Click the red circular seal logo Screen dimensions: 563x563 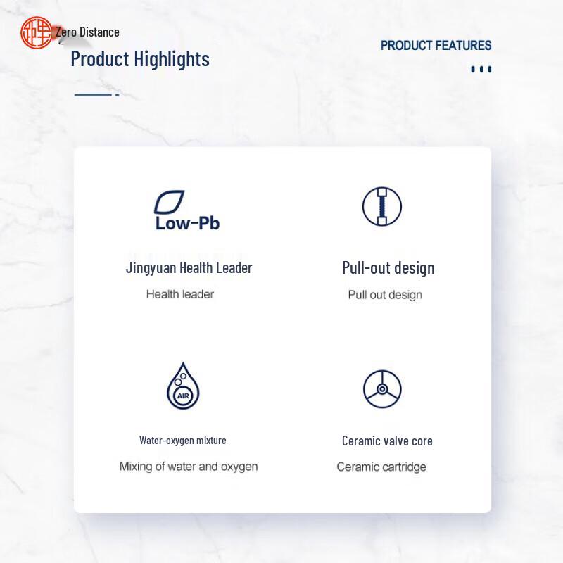tap(37, 32)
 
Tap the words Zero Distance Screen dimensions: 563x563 tap(87, 32)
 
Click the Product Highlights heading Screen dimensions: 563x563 tap(140, 59)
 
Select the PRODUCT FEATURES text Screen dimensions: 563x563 tap(436, 46)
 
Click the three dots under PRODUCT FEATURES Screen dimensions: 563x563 tap(481, 69)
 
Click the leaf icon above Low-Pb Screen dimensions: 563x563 tap(169, 202)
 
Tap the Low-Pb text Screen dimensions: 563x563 tap(187, 223)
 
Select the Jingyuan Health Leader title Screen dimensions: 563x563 tap(189, 268)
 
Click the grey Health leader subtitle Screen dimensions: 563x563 tap(180, 294)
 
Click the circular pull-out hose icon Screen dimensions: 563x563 tap(382, 206)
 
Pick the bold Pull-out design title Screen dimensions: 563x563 tap(388, 268)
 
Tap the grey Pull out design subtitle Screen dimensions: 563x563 tap(385, 295)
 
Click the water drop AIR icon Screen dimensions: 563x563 tap(183, 386)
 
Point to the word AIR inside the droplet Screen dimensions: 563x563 tap(183, 396)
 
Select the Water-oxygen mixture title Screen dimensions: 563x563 tap(183, 441)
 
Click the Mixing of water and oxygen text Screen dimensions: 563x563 tap(189, 467)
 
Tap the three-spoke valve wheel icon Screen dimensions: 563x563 tap(382, 389)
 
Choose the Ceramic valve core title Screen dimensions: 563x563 tap(387, 441)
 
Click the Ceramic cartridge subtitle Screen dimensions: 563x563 tap(381, 467)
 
